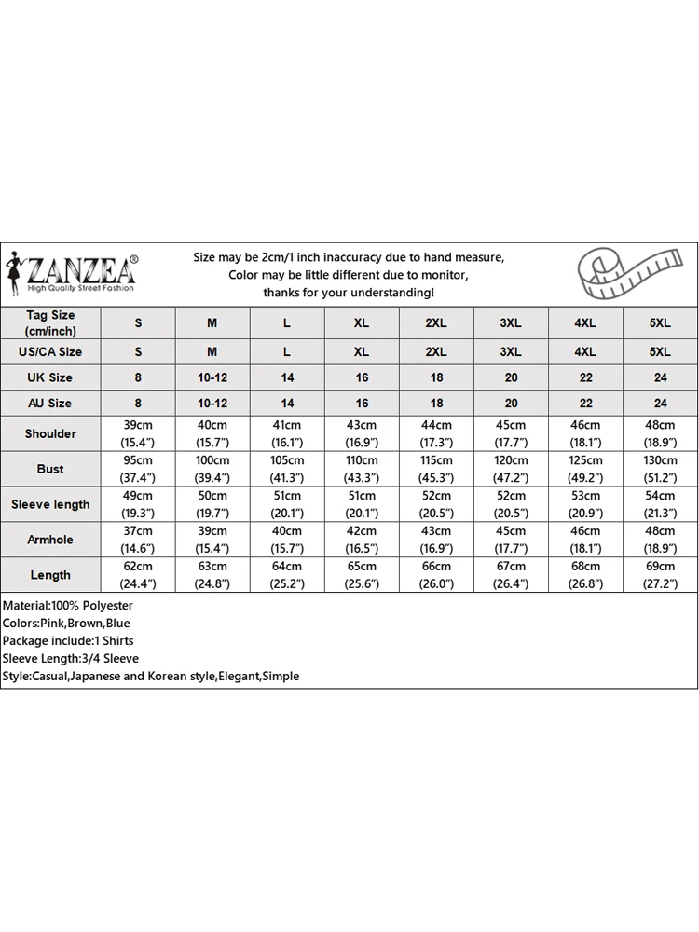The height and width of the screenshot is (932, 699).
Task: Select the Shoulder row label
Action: (x=50, y=433)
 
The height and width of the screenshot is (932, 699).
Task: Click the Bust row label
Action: (x=50, y=469)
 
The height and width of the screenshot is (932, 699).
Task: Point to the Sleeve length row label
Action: (x=50, y=504)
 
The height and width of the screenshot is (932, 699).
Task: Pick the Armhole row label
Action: (x=50, y=540)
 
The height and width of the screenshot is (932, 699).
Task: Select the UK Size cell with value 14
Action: (x=287, y=377)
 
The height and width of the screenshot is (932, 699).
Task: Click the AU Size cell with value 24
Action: (x=660, y=404)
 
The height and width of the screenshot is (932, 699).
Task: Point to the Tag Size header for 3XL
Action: (x=511, y=322)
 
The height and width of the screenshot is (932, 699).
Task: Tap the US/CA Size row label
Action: (x=50, y=351)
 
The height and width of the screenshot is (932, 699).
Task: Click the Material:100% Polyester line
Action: (x=67, y=606)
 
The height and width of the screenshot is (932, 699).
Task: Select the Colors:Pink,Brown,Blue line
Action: (x=67, y=624)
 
